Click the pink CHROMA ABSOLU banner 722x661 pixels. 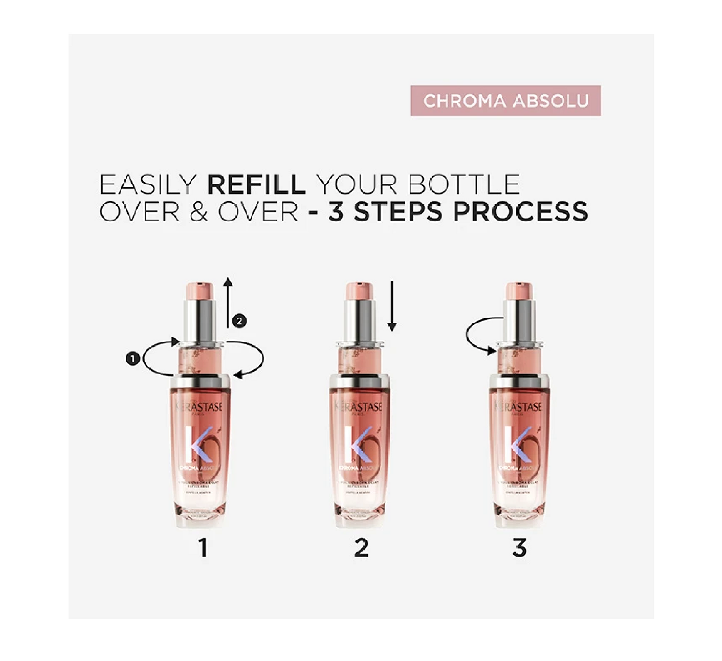pos(505,100)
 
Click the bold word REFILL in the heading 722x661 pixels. pos(256,184)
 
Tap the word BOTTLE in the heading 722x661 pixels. pos(464,184)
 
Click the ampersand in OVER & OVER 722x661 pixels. pos(199,212)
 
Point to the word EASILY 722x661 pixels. pos(148,184)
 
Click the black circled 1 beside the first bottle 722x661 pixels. pos(133,359)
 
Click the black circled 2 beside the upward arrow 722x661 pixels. pos(239,321)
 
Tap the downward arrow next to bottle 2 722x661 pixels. pos(392,306)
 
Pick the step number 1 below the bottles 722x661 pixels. pos(203,548)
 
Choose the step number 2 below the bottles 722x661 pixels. pos(361,548)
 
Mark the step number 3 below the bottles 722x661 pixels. pos(519,548)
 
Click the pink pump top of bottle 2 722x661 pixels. pos(359,292)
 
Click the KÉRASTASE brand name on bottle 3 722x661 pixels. pos(519,407)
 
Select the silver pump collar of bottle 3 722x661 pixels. pos(519,320)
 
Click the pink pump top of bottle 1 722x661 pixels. pos(200,292)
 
